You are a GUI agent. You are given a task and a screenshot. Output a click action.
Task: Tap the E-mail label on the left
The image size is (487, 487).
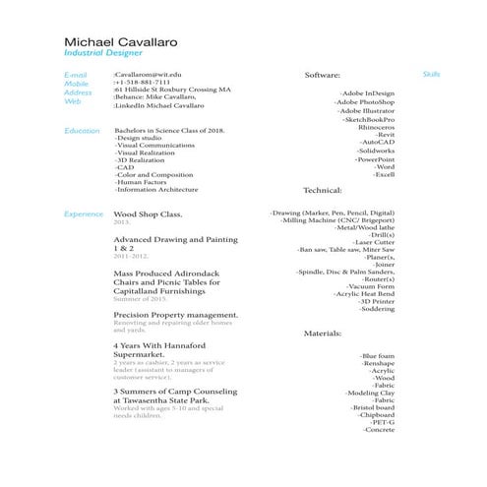click(x=76, y=75)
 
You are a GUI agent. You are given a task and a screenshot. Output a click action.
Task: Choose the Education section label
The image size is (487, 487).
click(x=82, y=131)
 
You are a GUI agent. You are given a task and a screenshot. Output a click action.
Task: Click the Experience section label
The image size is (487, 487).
click(x=84, y=213)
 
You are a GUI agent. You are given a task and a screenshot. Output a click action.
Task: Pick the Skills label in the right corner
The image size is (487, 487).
click(x=431, y=75)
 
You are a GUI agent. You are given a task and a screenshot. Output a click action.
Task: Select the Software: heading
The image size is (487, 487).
click(x=323, y=75)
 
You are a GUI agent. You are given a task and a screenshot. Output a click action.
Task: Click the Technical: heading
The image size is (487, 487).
click(x=322, y=189)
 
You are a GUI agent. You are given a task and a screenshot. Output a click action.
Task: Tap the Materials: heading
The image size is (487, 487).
click(x=322, y=334)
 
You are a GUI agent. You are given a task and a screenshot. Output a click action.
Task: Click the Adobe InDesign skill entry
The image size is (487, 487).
click(x=367, y=93)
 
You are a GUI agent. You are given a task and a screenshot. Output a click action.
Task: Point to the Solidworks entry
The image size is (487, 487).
click(x=375, y=151)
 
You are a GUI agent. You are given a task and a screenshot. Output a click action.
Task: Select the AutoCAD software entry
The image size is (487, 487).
click(x=378, y=142)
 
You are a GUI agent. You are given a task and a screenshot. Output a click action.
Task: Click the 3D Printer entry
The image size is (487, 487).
click(x=377, y=301)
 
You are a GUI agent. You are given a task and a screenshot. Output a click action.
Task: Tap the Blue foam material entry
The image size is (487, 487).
click(x=377, y=355)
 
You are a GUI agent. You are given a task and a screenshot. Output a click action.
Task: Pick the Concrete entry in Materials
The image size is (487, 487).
click(x=379, y=430)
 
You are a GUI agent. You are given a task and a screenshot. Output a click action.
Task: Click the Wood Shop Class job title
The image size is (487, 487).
click(x=149, y=213)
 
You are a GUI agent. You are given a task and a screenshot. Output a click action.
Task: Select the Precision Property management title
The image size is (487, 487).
click(x=176, y=315)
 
